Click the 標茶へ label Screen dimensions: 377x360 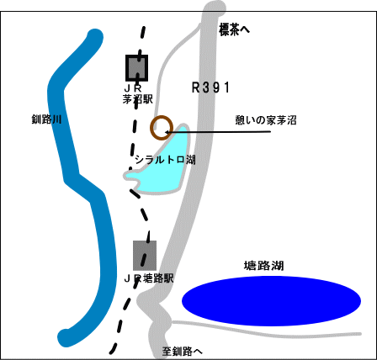[x=234, y=30]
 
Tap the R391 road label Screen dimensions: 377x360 [x=210, y=87]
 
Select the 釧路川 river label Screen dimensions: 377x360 [x=46, y=119]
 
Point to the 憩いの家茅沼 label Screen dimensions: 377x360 [x=266, y=120]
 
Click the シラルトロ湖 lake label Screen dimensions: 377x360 [x=165, y=160]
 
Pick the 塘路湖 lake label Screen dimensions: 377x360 [x=263, y=266]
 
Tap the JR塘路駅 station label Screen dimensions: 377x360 [x=149, y=278]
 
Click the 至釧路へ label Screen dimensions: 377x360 [x=182, y=352]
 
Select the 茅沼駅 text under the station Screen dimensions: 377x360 [x=138, y=99]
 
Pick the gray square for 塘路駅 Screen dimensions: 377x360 [x=145, y=256]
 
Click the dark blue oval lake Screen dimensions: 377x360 [x=271, y=301]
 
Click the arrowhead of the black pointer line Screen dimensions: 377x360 [x=167, y=132]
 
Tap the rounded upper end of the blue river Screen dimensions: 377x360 [x=95, y=37]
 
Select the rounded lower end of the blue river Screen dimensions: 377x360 [x=66, y=337]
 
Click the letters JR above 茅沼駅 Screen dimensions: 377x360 [x=133, y=88]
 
